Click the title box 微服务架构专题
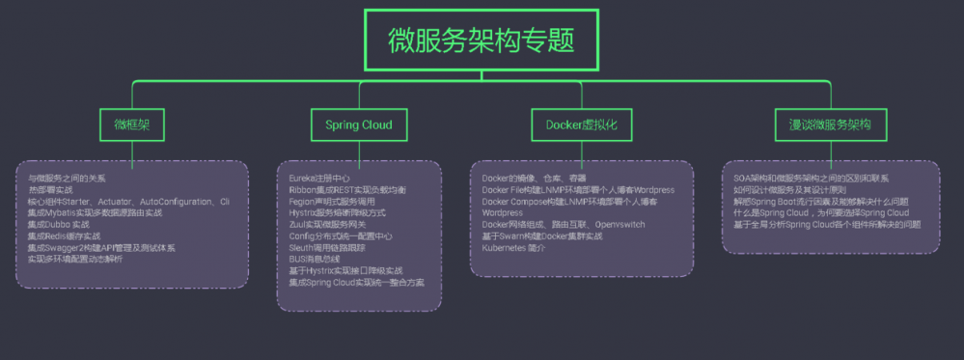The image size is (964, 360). click(x=482, y=40)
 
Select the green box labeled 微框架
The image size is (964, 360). click(x=132, y=125)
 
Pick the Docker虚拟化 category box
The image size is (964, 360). click(x=580, y=125)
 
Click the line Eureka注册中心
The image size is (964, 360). click(x=320, y=179)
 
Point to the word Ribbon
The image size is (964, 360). click(x=303, y=190)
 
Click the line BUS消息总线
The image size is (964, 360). click(x=316, y=259)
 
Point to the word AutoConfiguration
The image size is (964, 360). click(x=178, y=202)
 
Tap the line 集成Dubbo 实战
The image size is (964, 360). click(x=58, y=224)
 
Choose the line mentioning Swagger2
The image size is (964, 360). click(x=101, y=247)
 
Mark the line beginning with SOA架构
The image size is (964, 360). click(x=812, y=179)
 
